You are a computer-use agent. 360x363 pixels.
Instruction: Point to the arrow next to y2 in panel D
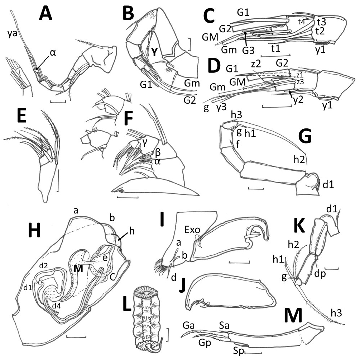[284, 94]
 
